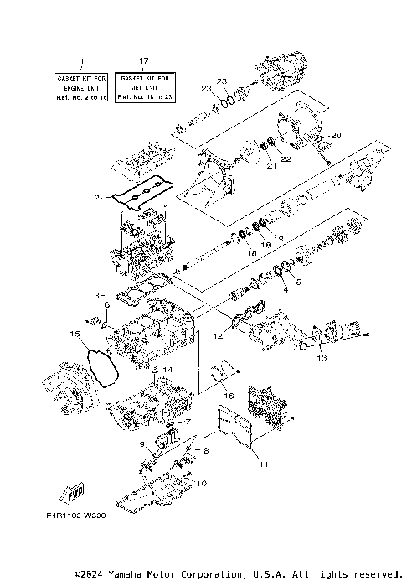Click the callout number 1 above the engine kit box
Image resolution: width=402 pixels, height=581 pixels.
tap(81, 61)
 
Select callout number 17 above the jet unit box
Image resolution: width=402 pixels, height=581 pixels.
tap(144, 61)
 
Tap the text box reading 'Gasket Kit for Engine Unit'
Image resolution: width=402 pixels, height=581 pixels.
tap(81, 86)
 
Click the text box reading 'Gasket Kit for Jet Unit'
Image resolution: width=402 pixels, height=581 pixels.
tap(143, 86)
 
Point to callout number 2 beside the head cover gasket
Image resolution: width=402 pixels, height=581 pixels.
tap(97, 198)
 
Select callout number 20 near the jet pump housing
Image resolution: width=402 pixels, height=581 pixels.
tap(336, 135)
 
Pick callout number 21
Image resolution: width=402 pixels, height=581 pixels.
tap(271, 166)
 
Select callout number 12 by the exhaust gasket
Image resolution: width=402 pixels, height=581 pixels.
tap(219, 337)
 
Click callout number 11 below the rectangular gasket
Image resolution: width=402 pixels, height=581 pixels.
tap(262, 464)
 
